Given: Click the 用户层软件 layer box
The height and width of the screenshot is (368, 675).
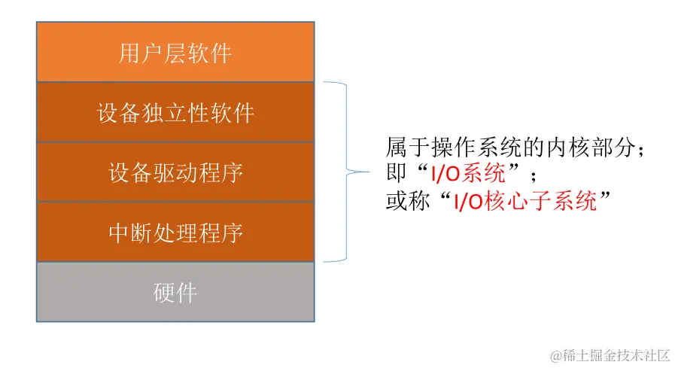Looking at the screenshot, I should (175, 52).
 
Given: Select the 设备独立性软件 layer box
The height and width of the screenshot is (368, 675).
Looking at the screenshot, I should (175, 112).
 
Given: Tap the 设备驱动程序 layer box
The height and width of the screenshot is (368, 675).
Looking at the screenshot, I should (175, 172).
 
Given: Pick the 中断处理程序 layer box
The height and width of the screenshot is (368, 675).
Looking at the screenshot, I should (175, 232).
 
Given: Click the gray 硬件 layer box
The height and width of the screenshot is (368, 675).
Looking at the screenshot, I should (175, 292).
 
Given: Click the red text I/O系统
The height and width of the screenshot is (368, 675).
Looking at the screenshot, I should (467, 175).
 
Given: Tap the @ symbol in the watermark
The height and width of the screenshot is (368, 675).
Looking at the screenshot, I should (556, 354).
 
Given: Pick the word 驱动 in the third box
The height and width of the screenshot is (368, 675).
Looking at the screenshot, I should (175, 173).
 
